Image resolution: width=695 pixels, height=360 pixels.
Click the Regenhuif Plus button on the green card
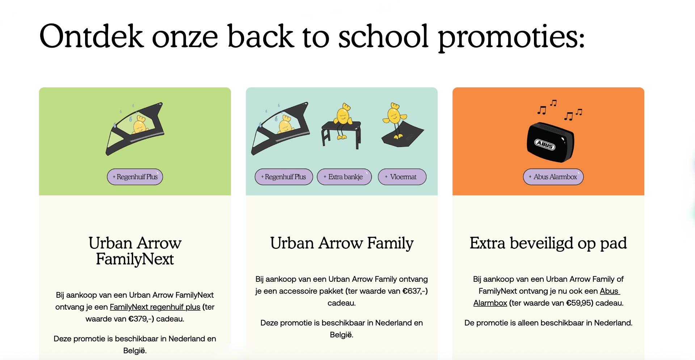pos(135,177)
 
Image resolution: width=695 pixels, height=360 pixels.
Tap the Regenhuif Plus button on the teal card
pos(284,177)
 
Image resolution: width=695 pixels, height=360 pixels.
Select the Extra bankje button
pos(344,177)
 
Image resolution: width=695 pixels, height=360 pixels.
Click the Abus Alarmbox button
pos(553,177)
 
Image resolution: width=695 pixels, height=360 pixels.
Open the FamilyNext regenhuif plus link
pos(155,307)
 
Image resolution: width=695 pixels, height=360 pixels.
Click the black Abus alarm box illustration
pos(550,142)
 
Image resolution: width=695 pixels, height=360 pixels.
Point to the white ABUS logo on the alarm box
pos(545,145)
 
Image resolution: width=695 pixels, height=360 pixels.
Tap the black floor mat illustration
pos(403,135)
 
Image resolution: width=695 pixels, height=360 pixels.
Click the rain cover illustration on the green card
pos(135,129)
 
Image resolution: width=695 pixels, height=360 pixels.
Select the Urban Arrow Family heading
pos(342,243)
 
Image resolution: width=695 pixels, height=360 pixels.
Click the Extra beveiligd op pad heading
pos(548,243)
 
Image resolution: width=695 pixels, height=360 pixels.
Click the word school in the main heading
pos(383,36)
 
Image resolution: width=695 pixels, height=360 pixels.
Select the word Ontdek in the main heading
pos(91,36)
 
